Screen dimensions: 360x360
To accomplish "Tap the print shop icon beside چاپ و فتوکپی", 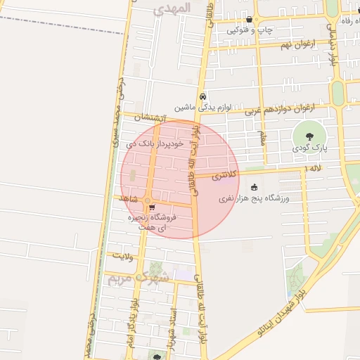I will click(x=250, y=19).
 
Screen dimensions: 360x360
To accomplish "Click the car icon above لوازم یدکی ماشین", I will click(x=202, y=97).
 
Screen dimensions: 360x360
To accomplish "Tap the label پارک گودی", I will click(x=310, y=148).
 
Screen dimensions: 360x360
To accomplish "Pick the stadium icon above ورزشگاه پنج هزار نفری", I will click(x=253, y=187).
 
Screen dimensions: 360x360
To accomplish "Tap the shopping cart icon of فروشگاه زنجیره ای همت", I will click(x=152, y=207).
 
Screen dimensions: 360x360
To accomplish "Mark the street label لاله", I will click(x=314, y=169).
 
